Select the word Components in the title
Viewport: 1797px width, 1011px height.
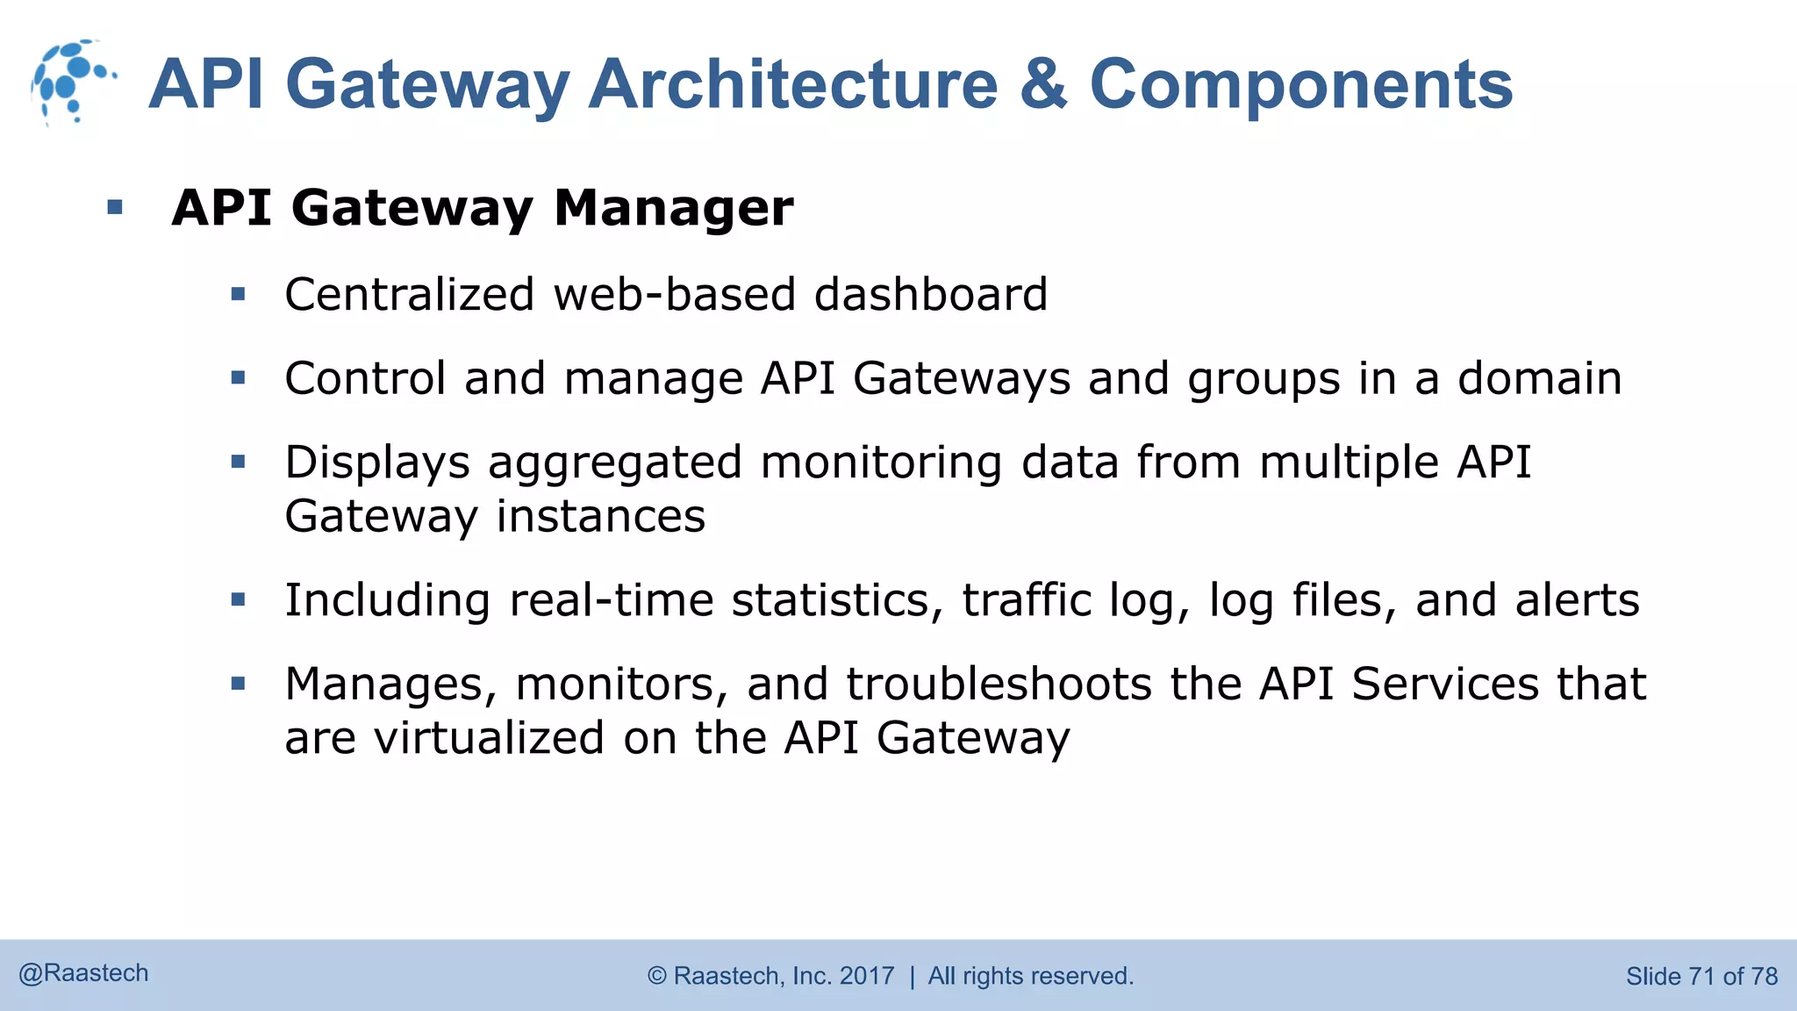point(1300,84)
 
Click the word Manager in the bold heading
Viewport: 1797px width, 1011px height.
point(673,208)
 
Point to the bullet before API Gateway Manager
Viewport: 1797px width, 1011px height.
point(115,208)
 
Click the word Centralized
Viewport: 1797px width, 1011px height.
point(409,294)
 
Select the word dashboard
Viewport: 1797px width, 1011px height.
point(930,294)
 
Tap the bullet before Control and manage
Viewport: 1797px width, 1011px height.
point(238,378)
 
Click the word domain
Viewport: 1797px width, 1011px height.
point(1539,378)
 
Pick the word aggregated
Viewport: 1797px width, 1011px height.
point(614,463)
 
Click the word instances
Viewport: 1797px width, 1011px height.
point(601,516)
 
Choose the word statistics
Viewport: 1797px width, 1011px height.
point(837,600)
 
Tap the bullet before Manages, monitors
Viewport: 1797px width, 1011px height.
point(238,684)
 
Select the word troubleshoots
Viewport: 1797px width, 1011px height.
point(999,684)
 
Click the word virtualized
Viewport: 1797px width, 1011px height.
point(489,737)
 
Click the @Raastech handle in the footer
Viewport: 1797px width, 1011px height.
point(84,973)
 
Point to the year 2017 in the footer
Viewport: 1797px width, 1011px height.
point(867,976)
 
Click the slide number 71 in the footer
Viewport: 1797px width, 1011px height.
point(1700,976)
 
